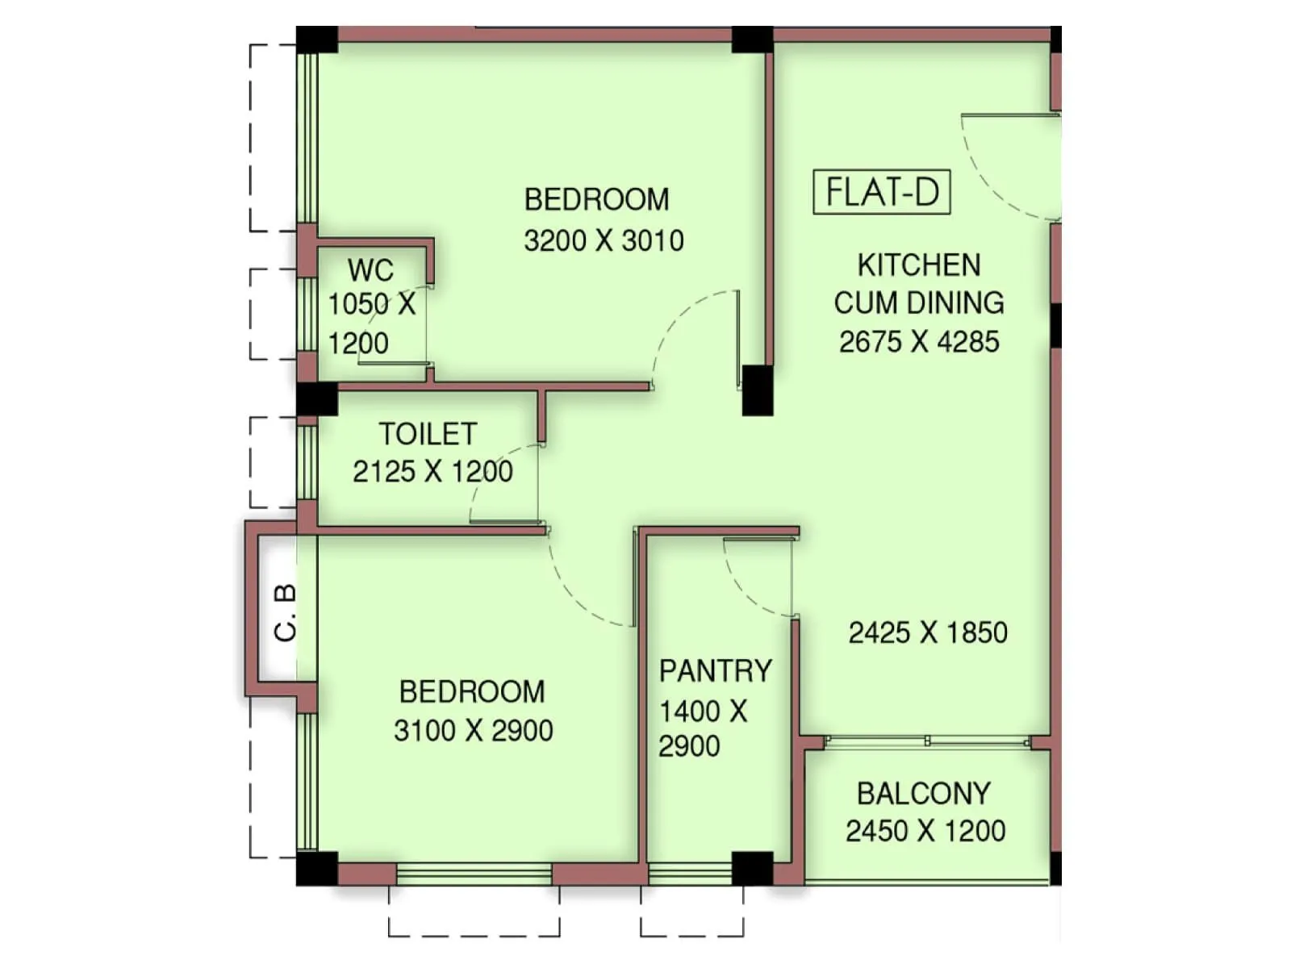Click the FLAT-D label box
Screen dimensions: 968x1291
(x=881, y=192)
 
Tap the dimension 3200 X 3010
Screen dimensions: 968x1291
(x=604, y=240)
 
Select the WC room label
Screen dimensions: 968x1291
(x=370, y=269)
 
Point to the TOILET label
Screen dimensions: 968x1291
(x=428, y=434)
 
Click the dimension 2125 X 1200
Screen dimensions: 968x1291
(x=432, y=471)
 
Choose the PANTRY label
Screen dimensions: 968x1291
(x=715, y=671)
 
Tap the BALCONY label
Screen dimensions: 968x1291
(x=923, y=794)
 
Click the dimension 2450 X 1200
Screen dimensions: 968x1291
(x=925, y=831)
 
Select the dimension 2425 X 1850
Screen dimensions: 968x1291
(x=928, y=632)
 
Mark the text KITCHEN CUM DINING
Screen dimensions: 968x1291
(x=919, y=284)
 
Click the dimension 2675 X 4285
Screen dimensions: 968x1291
(x=919, y=342)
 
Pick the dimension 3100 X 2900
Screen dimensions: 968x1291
(x=473, y=731)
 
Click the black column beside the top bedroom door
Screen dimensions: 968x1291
(x=757, y=390)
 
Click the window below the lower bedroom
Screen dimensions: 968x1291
(x=474, y=874)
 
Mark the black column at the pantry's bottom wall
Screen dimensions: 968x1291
(x=752, y=869)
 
